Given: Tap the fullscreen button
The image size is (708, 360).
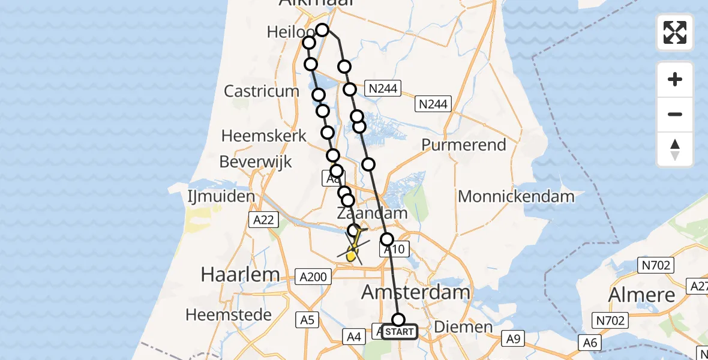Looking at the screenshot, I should point(675,32).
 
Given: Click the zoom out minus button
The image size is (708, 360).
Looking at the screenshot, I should point(675,114).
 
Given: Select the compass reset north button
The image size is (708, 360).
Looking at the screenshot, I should point(675,149).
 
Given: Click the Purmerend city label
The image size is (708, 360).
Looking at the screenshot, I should point(464,145).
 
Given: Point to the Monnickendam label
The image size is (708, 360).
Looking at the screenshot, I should point(516,196).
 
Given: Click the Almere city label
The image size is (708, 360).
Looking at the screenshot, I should point(641,295).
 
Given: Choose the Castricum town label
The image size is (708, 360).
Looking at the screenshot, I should point(261,91).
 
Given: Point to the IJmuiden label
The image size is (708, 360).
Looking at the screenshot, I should point(221,196).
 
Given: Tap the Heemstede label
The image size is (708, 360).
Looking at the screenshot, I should point(229,314).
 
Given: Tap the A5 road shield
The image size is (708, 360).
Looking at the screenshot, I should point(307,320).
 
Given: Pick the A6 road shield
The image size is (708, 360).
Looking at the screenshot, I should point(589,342).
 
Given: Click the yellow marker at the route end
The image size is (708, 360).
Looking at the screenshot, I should point(351,257).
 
